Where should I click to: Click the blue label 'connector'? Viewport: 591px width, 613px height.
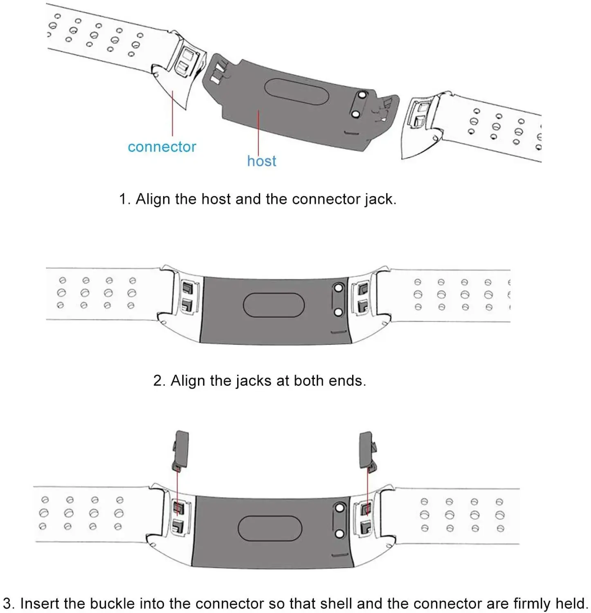[x=162, y=147]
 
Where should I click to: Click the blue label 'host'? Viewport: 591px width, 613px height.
[x=261, y=161]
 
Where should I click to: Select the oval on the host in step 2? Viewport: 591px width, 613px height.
[x=274, y=305]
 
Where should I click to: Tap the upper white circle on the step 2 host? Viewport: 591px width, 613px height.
[x=338, y=288]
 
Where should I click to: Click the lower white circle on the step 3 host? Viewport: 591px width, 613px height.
[x=339, y=534]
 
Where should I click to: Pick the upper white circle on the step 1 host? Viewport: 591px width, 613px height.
[x=361, y=95]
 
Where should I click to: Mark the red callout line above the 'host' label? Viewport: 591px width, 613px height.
[x=258, y=131]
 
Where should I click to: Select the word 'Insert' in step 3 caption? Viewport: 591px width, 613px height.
[x=40, y=604]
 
